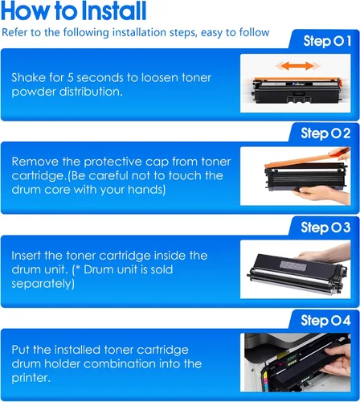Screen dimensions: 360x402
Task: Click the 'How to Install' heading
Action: (x=74, y=10)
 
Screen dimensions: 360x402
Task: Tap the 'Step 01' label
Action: (x=327, y=42)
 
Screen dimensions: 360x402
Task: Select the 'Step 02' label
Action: (x=325, y=133)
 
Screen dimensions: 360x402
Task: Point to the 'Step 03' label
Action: (x=325, y=228)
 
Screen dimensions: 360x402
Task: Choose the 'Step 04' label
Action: (x=325, y=321)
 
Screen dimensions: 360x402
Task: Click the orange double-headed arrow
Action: (x=297, y=66)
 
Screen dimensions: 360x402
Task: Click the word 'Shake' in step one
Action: (x=28, y=78)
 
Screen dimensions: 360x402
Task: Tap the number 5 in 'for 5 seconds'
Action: (x=70, y=78)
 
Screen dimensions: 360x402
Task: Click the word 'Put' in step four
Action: (x=21, y=350)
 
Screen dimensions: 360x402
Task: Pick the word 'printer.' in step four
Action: (x=31, y=378)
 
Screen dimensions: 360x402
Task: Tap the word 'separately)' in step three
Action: (x=43, y=284)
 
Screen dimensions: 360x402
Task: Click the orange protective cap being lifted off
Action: (x=305, y=160)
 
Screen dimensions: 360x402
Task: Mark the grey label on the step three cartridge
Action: (x=292, y=265)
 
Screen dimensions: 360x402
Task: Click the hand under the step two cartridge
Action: (x=321, y=195)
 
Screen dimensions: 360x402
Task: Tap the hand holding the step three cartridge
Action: (x=325, y=252)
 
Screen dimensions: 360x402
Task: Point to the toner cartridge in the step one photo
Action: (x=296, y=91)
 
